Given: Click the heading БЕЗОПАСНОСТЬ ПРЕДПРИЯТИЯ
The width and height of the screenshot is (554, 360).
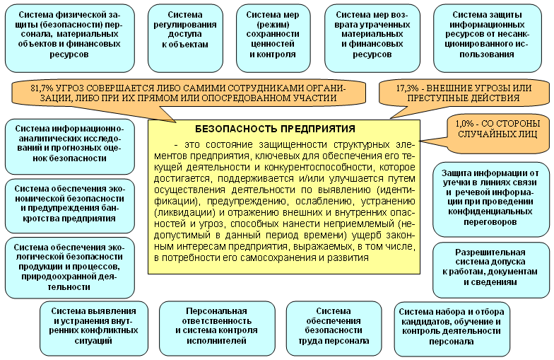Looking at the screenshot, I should (284, 129).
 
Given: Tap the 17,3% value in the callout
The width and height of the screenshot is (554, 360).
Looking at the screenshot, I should (408, 87).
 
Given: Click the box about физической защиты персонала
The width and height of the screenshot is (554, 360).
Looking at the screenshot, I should (68, 34).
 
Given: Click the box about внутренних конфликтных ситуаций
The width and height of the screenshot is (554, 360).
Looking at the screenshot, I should (93, 326).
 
